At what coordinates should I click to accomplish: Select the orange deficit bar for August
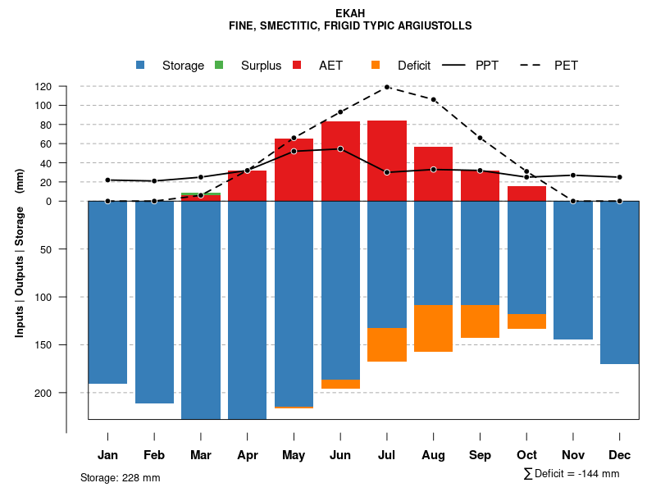tap(434, 328)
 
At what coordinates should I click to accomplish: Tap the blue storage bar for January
tap(107, 292)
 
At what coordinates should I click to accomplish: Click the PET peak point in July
tap(387, 87)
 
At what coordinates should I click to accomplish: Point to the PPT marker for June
tap(340, 149)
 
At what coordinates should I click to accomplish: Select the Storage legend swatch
tap(141, 65)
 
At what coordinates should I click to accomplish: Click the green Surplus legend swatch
tap(219, 65)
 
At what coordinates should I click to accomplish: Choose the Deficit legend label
tap(414, 66)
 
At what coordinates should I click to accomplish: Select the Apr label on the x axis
tap(248, 455)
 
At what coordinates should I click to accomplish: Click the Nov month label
tap(573, 455)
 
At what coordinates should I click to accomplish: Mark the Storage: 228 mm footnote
tap(120, 477)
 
